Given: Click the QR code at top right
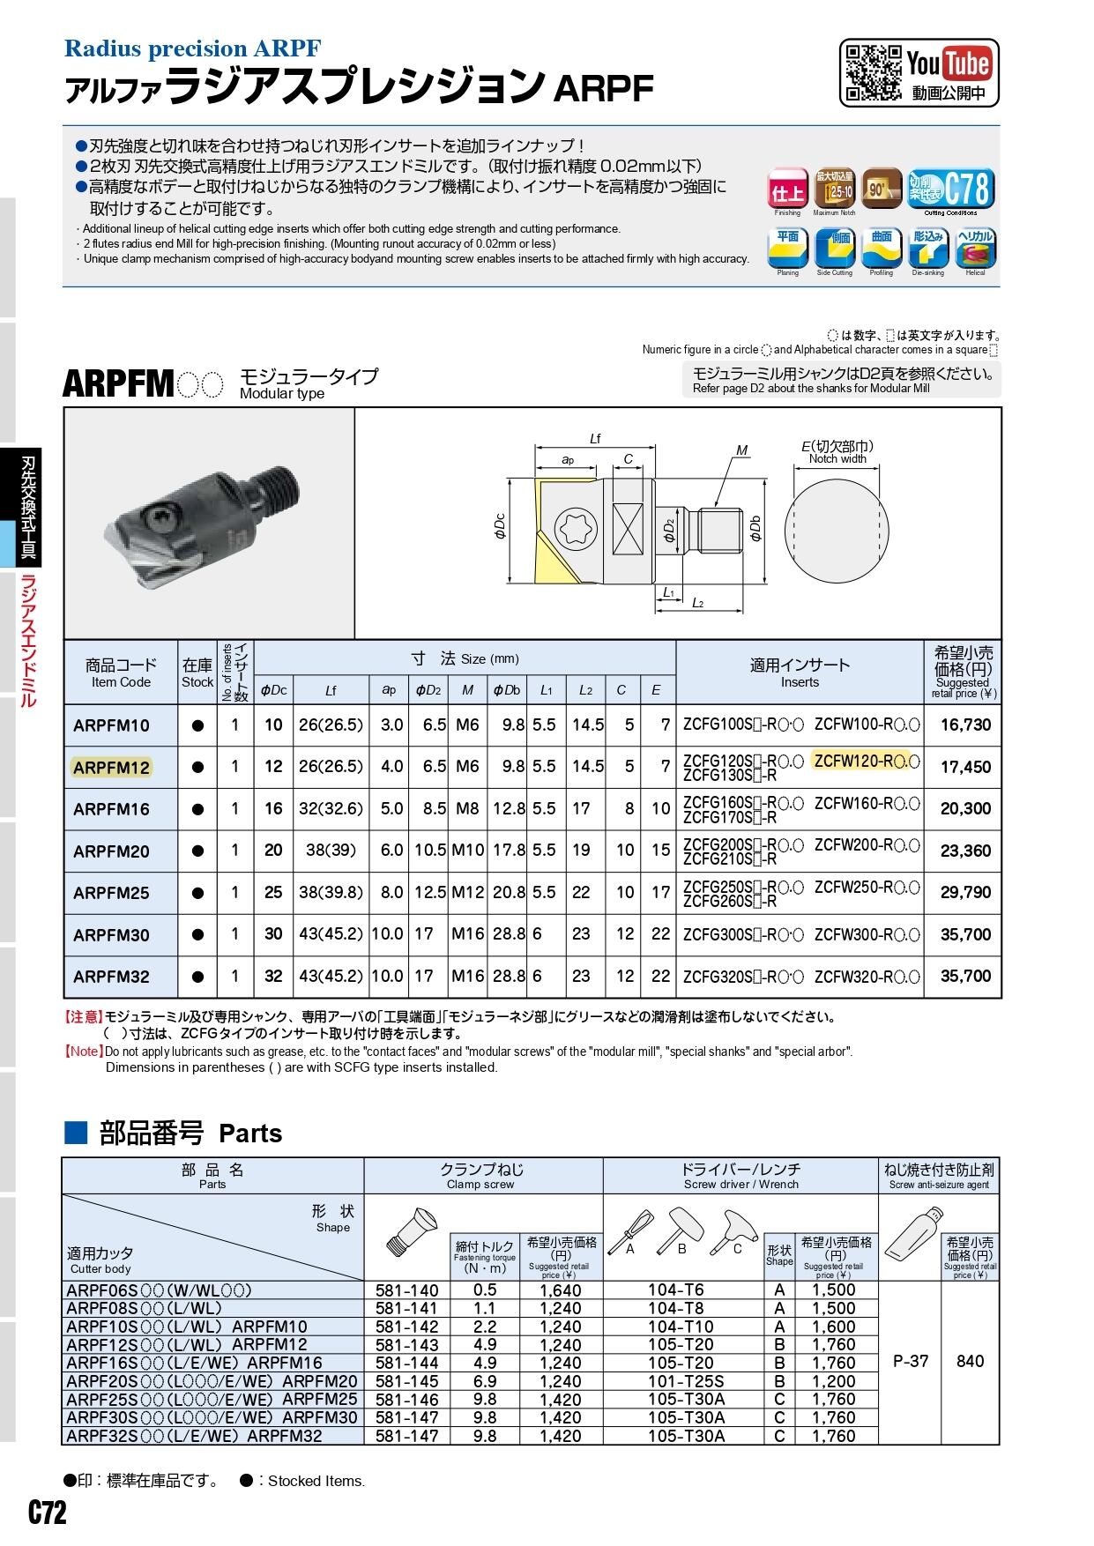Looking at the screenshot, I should [873, 71].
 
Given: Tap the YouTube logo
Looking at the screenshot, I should [949, 63].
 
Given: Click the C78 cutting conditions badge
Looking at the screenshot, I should [951, 189].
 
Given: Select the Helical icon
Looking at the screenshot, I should [976, 249].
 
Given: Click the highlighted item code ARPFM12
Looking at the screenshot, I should [112, 767].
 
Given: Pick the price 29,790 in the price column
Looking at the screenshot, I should [965, 893].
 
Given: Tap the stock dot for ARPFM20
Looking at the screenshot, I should [197, 851].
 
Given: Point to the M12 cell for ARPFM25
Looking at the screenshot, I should [467, 893].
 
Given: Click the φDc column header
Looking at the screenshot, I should [273, 690].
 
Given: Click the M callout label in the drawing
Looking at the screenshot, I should [741, 450].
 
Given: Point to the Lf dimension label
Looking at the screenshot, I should [595, 438].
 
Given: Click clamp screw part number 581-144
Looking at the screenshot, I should [406, 1363].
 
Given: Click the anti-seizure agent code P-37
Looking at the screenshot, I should [911, 1362].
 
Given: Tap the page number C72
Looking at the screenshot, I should [48, 1513].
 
